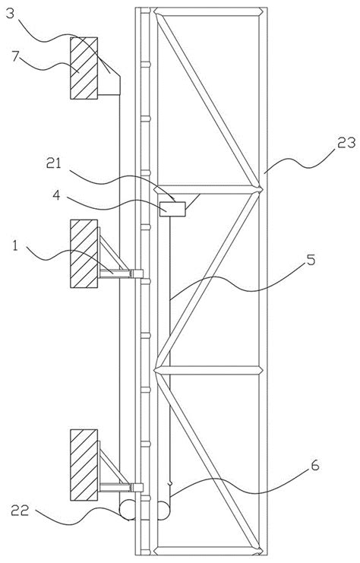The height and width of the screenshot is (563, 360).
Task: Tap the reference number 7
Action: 15,57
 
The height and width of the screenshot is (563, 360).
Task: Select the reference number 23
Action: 346,143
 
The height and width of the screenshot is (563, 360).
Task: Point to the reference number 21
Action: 55,163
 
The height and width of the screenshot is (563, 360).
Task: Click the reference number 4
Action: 57,196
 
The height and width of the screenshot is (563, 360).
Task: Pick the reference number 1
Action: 15,246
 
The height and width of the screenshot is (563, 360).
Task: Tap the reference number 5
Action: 311,259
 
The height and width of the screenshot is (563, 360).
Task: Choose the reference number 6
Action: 314,465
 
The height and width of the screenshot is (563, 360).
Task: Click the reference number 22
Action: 20,510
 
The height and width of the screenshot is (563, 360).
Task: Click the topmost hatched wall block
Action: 84,68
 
